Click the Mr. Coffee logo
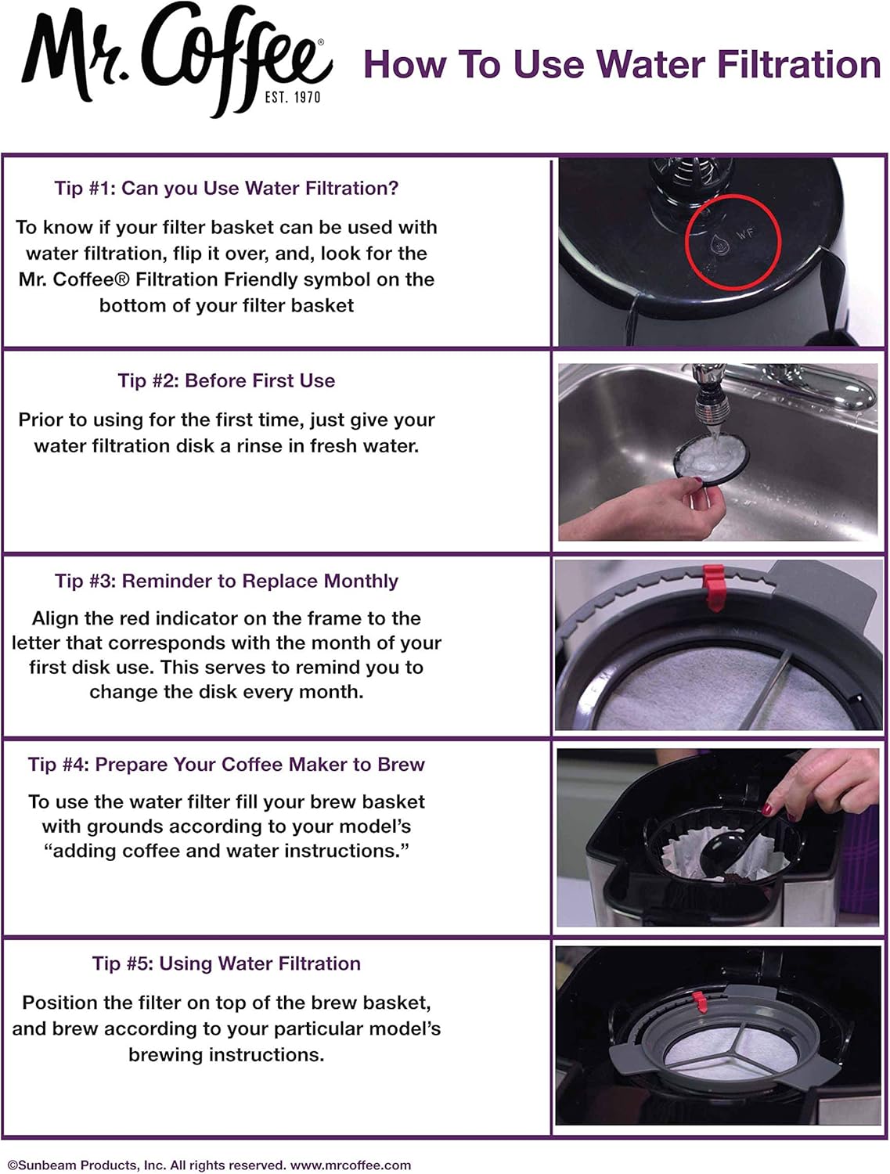(x=176, y=59)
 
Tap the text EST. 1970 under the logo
(x=293, y=97)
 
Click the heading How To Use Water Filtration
(x=622, y=65)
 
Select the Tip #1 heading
(x=226, y=189)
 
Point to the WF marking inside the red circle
(x=747, y=234)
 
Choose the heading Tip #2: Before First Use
(x=226, y=381)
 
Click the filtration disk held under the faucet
(x=711, y=459)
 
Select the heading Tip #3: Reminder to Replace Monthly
(x=226, y=581)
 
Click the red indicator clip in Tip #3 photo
(x=713, y=587)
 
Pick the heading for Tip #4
(x=226, y=765)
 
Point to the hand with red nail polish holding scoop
(x=823, y=783)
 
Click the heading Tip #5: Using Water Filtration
(x=226, y=963)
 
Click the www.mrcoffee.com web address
(x=351, y=1165)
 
